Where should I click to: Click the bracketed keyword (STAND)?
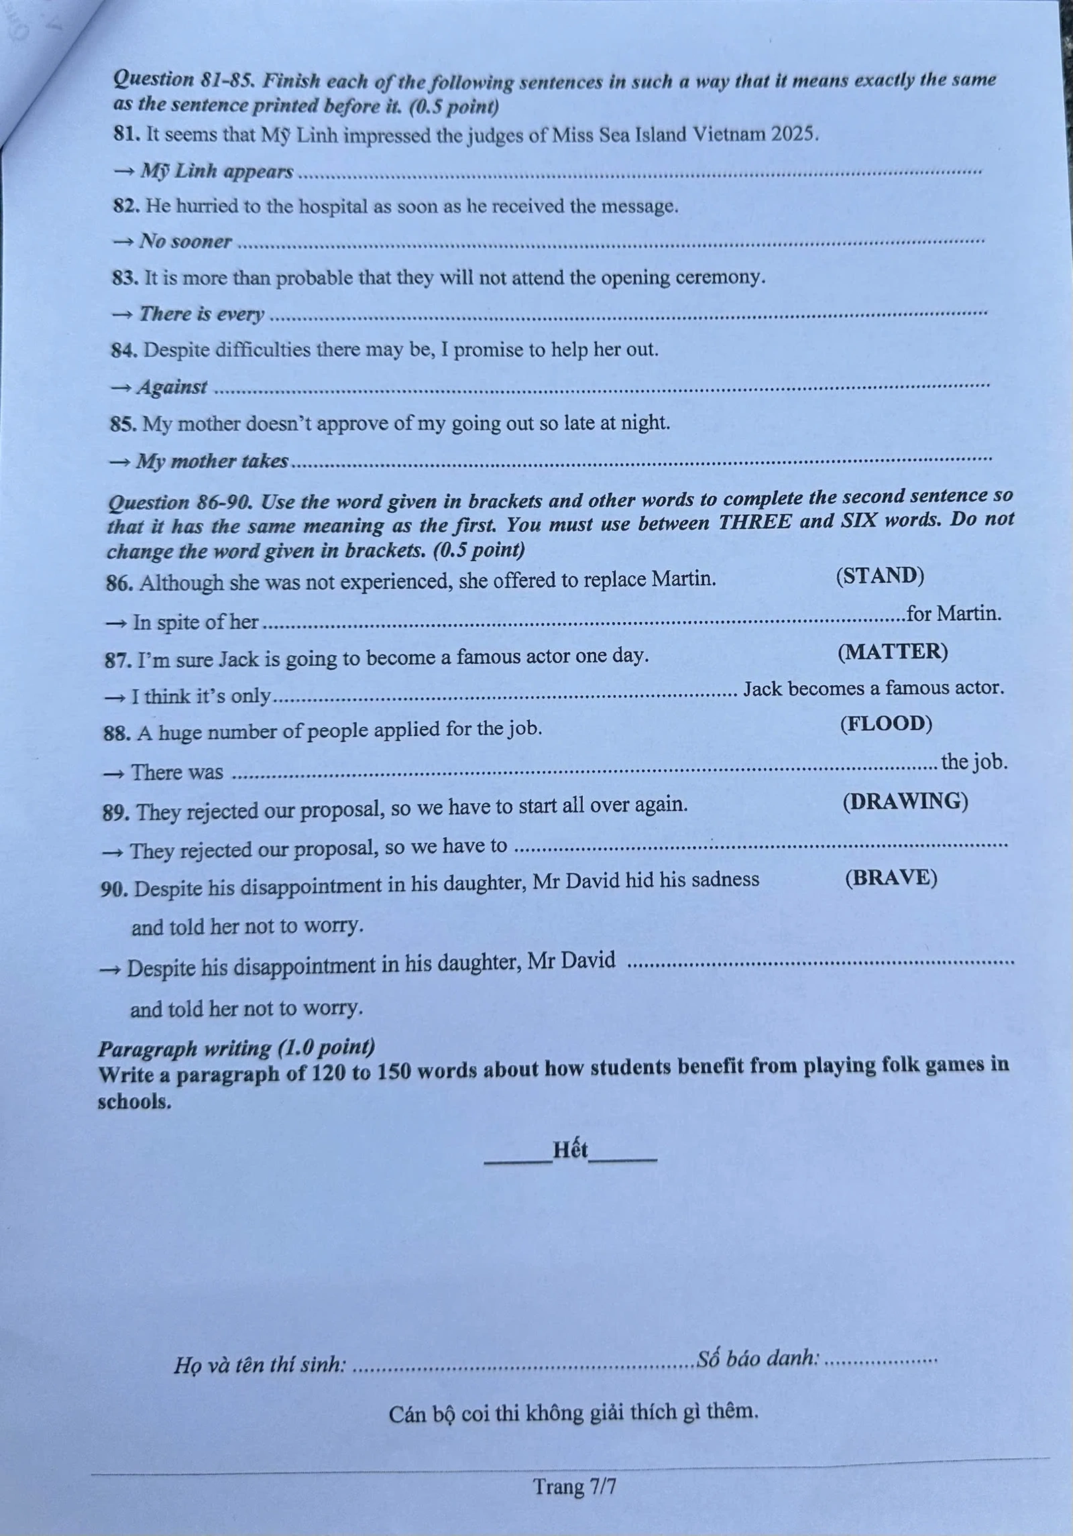tap(879, 576)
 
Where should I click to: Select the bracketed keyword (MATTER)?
tap(893, 651)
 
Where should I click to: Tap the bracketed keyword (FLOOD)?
tap(885, 723)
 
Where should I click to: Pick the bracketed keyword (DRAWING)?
tap(905, 801)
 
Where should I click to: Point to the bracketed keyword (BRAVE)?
tap(891, 878)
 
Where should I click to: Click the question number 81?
tap(125, 134)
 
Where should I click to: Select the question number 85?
tap(123, 424)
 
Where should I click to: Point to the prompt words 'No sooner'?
tap(185, 241)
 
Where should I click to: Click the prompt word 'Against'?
tap(172, 387)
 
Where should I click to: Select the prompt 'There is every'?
tap(201, 314)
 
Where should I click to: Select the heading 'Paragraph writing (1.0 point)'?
tap(236, 1048)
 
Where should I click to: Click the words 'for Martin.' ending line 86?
tap(953, 613)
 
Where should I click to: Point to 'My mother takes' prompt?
tap(212, 461)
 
